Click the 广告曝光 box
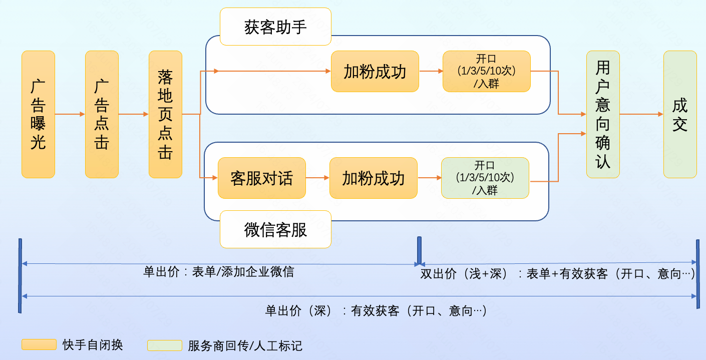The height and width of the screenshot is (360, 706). click(38, 114)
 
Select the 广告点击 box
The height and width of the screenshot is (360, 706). click(102, 114)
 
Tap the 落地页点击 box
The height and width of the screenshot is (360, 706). click(165, 114)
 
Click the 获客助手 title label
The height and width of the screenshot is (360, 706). click(275, 27)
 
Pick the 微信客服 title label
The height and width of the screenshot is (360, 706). click(275, 229)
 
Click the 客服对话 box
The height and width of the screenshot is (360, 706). click(261, 178)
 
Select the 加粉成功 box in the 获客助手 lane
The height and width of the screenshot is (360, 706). click(375, 72)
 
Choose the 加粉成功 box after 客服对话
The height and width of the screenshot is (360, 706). click(373, 178)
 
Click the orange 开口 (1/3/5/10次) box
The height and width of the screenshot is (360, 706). click(486, 72)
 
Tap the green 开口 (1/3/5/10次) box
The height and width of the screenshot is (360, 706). click(485, 178)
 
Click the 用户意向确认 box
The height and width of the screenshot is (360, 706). click(603, 114)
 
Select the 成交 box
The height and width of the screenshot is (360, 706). click(680, 114)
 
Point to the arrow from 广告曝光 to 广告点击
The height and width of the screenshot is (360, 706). click(70, 114)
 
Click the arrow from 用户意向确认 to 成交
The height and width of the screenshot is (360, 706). click(641, 114)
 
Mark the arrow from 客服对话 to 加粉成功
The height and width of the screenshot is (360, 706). click(317, 178)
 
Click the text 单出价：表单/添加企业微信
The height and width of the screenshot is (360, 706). click(218, 272)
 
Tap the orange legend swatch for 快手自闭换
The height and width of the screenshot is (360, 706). click(39, 344)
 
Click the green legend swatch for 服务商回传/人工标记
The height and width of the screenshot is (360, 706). click(164, 345)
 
